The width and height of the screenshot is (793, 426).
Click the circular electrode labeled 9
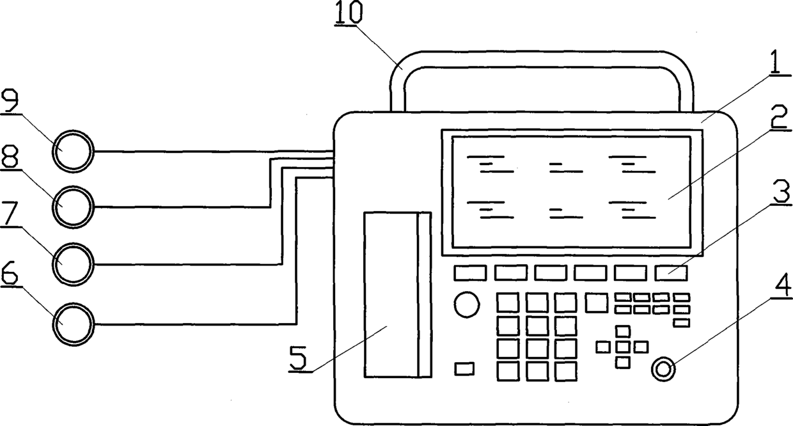[x=73, y=152]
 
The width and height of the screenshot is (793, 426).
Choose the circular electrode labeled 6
[x=73, y=324]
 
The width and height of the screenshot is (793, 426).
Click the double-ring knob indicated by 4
[x=663, y=369]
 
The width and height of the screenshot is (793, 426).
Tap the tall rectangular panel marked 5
[x=390, y=294]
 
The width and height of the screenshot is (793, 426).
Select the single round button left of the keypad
[x=467, y=304]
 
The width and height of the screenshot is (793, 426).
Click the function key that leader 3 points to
[x=671, y=273]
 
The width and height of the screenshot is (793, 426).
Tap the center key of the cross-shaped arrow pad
[x=623, y=347]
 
